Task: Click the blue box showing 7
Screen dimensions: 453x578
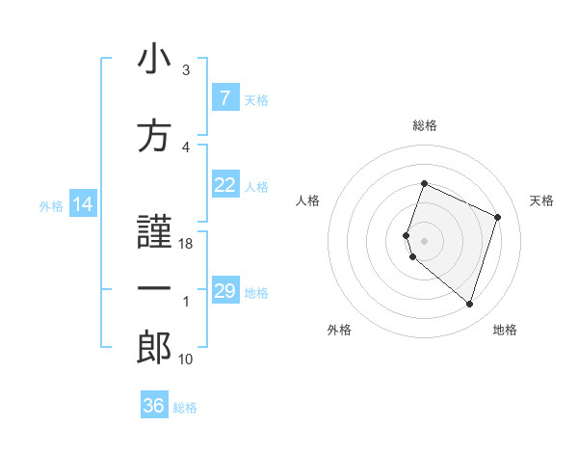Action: click(x=224, y=98)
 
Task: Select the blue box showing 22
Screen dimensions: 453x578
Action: click(x=224, y=185)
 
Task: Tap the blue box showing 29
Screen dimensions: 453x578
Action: click(x=224, y=291)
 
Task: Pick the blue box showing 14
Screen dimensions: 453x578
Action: click(x=83, y=204)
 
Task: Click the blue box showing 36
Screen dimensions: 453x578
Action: click(x=153, y=406)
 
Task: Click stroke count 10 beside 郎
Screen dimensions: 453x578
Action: click(x=186, y=360)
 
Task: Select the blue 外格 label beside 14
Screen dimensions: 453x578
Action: click(x=50, y=205)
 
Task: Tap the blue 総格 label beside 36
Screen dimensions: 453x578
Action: click(x=185, y=408)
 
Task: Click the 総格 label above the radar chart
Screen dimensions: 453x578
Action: click(x=425, y=125)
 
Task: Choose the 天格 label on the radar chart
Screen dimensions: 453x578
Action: click(x=541, y=200)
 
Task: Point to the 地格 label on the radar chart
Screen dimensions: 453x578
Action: click(x=505, y=330)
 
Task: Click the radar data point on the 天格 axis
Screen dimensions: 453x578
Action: click(x=498, y=217)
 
